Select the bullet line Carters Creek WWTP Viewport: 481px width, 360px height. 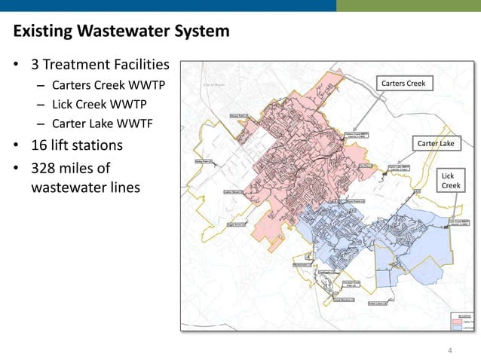pyautogui.click(x=107, y=85)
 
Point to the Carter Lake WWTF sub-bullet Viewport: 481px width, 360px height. pyautogui.click(x=102, y=124)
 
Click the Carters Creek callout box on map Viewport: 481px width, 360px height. pyautogui.click(x=403, y=83)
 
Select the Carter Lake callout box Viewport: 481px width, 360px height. pyautogui.click(x=436, y=143)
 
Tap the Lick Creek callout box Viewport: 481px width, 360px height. pyautogui.click(x=450, y=180)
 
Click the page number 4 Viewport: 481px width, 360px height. pyautogui.click(x=450, y=350)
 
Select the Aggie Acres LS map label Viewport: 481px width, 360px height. pyautogui.click(x=238, y=224)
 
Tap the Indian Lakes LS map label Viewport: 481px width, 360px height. pyautogui.click(x=377, y=304)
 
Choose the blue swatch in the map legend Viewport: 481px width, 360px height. pyautogui.click(x=456, y=328)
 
